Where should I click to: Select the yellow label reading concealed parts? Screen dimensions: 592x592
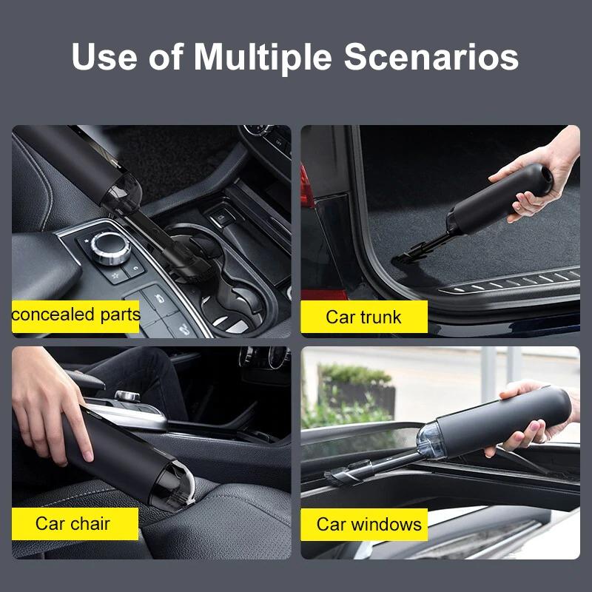pos(75,314)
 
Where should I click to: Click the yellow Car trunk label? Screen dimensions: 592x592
pos(363,317)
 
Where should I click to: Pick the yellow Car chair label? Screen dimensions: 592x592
pos(74,523)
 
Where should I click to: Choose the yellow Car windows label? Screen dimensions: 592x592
pos(369,524)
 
